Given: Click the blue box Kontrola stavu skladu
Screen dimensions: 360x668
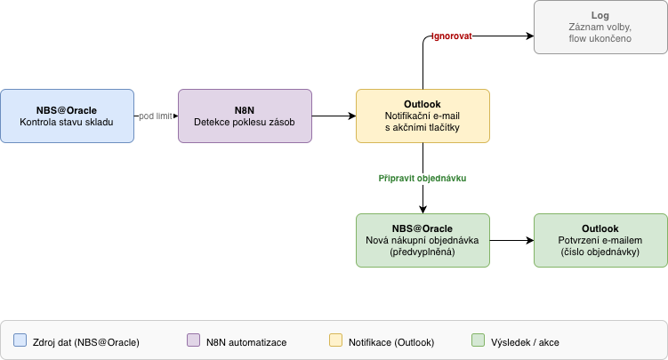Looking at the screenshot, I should (67, 116).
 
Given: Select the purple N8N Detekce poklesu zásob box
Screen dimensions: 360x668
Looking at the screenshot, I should (245, 116).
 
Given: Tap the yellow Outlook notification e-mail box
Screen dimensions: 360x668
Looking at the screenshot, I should (423, 116).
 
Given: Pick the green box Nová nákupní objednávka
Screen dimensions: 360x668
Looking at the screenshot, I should (423, 240).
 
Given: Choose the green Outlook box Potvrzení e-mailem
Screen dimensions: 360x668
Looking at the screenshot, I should (600, 240).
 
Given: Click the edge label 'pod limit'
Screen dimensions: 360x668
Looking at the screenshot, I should (156, 116).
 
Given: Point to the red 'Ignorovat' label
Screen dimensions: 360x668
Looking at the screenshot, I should (452, 37).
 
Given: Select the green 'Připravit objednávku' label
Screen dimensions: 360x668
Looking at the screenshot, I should (423, 178).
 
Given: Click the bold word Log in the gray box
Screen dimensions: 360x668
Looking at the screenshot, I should (600, 16).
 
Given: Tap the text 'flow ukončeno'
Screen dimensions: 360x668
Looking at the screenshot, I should (600, 39).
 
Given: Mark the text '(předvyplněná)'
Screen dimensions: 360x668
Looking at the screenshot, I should (423, 252).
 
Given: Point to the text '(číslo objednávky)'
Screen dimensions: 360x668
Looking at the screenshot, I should (600, 252).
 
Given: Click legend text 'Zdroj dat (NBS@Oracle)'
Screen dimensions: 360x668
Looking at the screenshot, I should (85, 342).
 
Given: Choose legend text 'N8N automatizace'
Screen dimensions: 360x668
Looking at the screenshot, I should (246, 342).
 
